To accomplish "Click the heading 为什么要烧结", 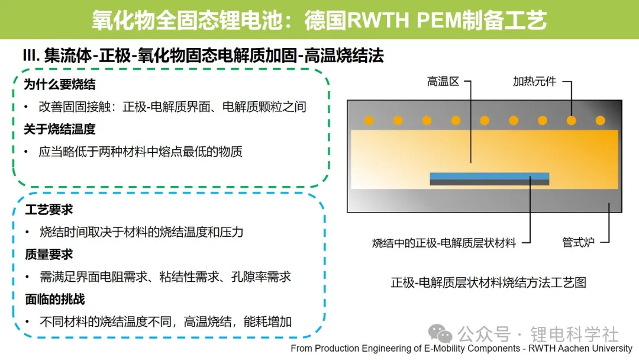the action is [x=60, y=85].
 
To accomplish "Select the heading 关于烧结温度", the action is [x=60, y=129].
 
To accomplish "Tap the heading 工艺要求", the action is [x=49, y=210].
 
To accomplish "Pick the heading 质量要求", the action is [x=49, y=255].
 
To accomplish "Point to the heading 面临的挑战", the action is [x=55, y=299].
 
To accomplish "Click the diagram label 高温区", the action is [x=443, y=82].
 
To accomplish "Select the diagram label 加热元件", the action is [x=534, y=82].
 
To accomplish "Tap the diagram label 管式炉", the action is [x=578, y=243].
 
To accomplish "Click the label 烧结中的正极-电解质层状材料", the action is [x=444, y=243].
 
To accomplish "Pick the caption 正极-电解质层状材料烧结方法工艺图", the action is [x=488, y=282].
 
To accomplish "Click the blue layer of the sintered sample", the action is [x=489, y=176].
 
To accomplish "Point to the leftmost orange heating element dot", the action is [x=369, y=120].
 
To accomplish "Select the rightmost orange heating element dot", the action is [x=601, y=120].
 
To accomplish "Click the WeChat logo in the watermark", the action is [x=440, y=333].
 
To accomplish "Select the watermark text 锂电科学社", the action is [x=574, y=335].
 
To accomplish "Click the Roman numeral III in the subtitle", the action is [x=30, y=55].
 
